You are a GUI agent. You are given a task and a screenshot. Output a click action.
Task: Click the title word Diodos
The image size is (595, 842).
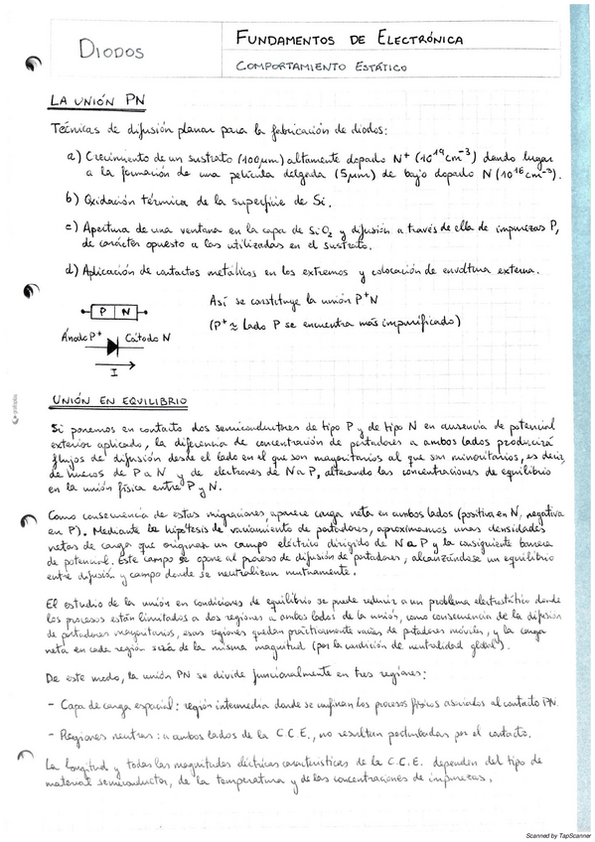[110, 53]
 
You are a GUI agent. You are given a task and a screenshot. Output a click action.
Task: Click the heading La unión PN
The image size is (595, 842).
[98, 102]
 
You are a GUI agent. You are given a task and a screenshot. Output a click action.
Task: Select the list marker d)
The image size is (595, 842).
[72, 269]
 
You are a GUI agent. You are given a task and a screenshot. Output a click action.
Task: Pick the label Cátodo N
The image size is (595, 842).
[148, 339]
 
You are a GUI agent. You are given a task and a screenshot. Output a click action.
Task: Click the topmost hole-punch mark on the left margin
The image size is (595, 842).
[35, 66]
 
